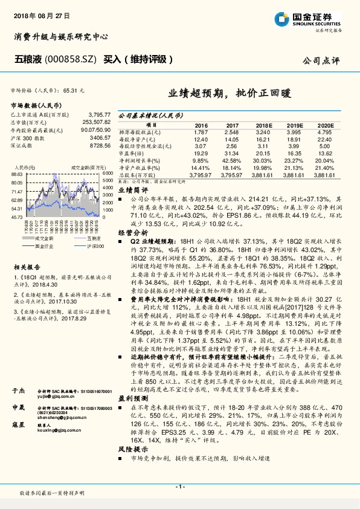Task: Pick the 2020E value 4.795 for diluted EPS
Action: point(324,132)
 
